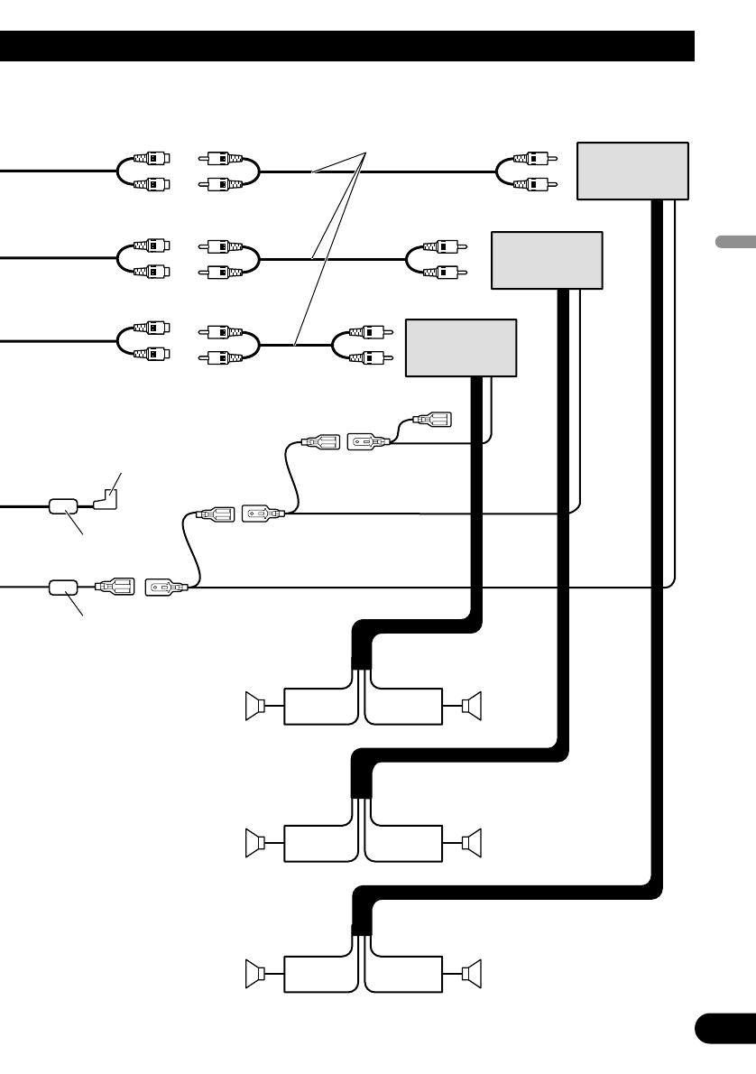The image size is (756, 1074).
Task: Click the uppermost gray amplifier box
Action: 632,171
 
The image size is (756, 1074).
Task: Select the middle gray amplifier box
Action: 547,260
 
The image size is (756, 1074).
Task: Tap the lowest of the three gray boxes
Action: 461,347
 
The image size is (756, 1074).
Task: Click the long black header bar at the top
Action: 347,46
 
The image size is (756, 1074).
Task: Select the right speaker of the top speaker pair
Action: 473,706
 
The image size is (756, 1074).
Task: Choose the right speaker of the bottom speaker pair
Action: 473,974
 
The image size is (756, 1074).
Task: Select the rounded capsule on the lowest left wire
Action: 62,587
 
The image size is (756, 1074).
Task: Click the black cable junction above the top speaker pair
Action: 360,658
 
